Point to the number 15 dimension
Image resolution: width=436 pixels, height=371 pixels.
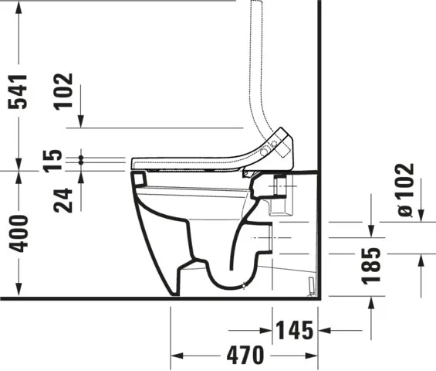point(52,161)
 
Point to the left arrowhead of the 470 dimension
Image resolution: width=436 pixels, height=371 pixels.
point(176,355)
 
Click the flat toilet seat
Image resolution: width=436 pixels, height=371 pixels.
point(193,162)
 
